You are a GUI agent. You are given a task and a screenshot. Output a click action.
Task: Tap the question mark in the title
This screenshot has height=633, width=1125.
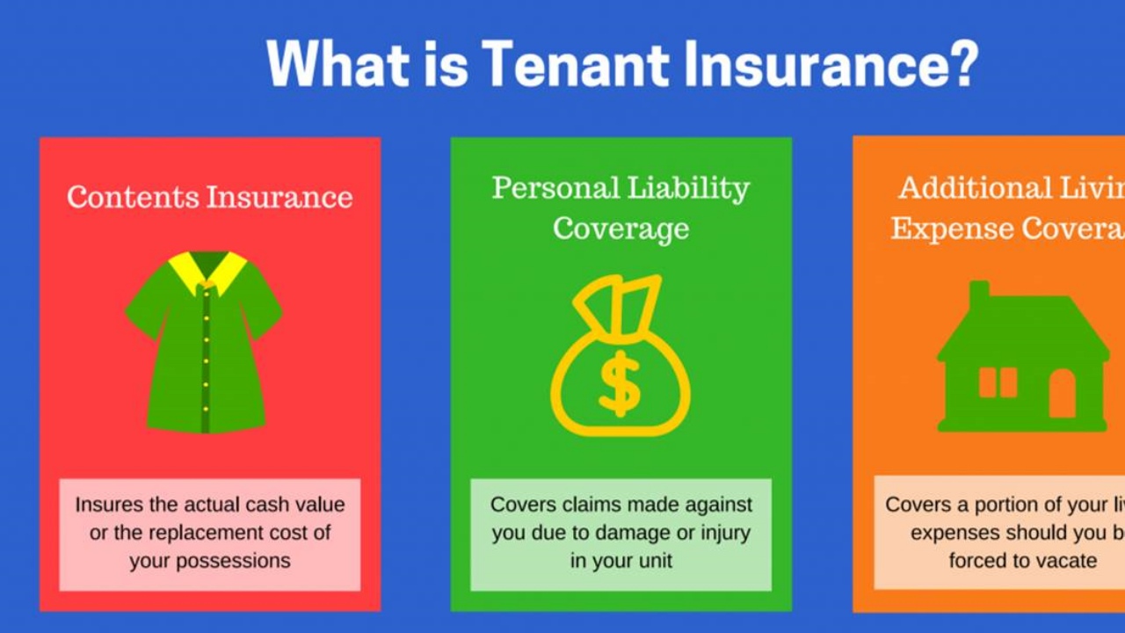pos(961,63)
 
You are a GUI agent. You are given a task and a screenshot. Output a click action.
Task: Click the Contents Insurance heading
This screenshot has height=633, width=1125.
pos(210,196)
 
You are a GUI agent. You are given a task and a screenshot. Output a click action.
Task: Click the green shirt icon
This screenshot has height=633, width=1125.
pos(204,352)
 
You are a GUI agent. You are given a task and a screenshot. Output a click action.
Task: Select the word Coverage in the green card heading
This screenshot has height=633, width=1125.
pos(621,229)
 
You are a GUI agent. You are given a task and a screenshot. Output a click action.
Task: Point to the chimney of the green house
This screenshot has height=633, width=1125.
pos(978,293)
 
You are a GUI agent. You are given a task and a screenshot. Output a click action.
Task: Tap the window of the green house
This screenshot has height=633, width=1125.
pos(998,382)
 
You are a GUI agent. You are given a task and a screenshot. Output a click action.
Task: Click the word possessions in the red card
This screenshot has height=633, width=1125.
pos(209,561)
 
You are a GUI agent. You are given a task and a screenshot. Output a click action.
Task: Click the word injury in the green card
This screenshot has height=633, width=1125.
pos(720,533)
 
